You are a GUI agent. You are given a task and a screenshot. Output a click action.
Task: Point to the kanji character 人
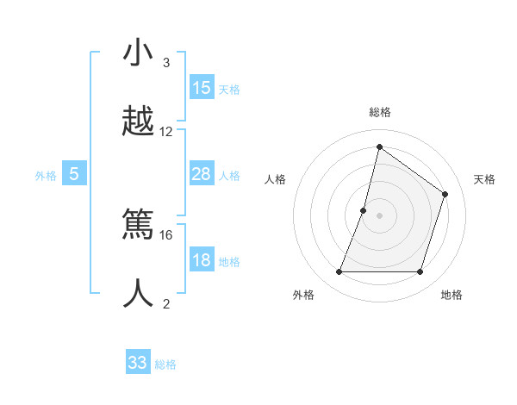coord(139,293)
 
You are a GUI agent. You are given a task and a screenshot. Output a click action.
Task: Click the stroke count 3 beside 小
coord(165,63)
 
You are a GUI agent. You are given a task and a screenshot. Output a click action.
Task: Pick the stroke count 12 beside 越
coord(166,132)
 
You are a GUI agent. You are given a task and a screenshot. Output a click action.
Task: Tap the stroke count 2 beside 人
coord(165,303)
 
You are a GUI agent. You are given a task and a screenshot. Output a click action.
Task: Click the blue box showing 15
coord(202,88)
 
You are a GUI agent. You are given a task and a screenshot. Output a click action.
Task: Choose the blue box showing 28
coord(202,174)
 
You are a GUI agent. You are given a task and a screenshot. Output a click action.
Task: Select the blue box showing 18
coord(202,260)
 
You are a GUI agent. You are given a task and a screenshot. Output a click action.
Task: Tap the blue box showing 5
coord(74,174)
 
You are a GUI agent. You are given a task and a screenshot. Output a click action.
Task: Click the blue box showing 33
coord(138,363)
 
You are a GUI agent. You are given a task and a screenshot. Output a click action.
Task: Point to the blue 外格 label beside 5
coord(46,176)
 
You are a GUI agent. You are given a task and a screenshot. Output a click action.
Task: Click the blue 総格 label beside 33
coord(165,364)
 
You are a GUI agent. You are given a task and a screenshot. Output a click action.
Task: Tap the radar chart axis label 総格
coord(379,112)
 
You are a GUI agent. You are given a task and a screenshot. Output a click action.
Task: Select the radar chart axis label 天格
coord(484,179)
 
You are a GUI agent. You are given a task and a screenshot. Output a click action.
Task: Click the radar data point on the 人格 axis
coord(364,210)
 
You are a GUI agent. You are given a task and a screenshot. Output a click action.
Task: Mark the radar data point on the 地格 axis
coord(420,272)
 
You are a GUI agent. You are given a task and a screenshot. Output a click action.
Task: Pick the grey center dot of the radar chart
coord(379,215)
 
